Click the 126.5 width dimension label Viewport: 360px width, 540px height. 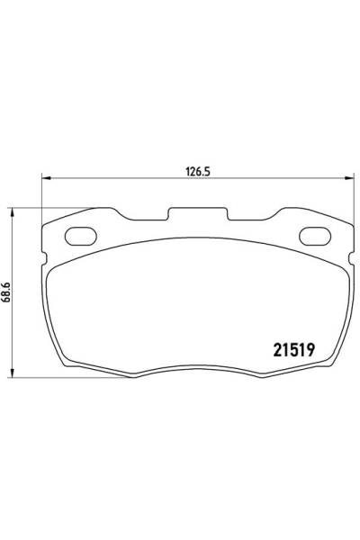point(187,166)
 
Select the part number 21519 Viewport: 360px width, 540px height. point(292,351)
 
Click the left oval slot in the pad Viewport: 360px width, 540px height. point(81,238)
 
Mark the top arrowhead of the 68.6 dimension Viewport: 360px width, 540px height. point(13,211)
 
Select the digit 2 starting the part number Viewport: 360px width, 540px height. point(274,351)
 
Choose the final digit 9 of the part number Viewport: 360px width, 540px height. point(310,351)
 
